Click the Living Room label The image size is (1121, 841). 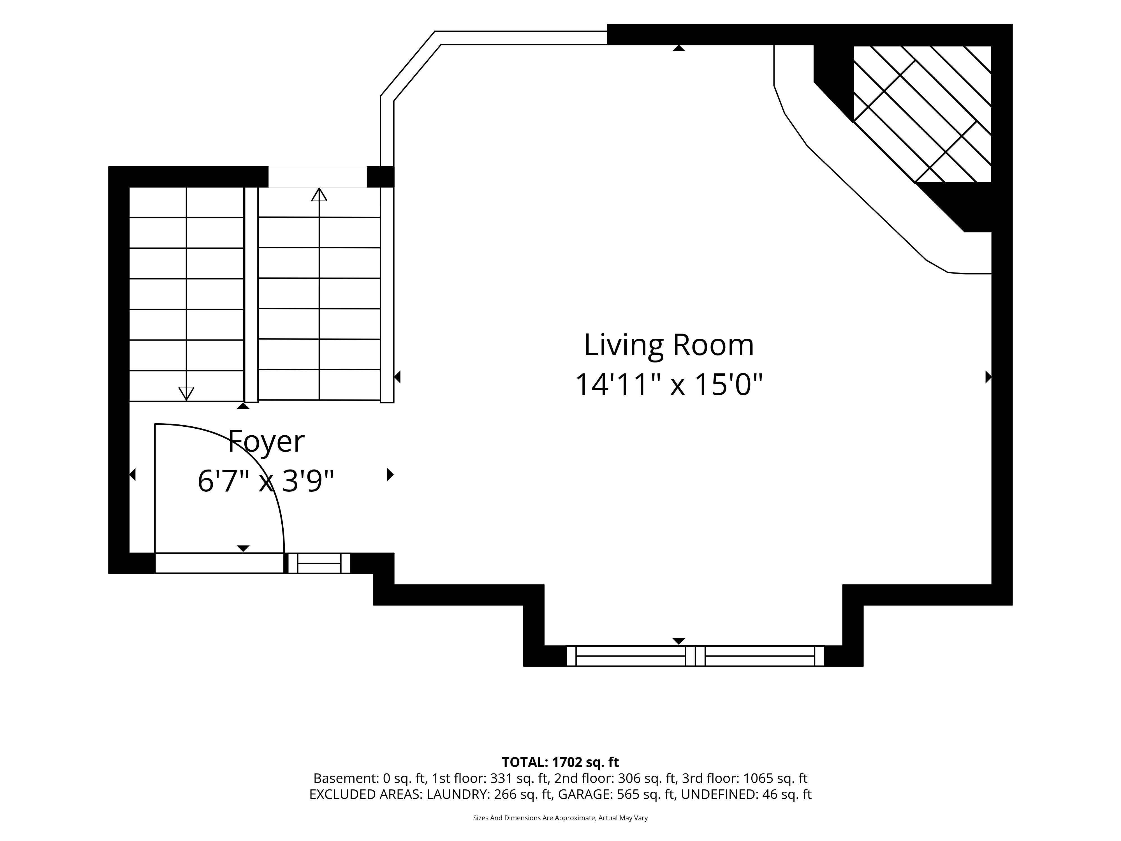click(x=669, y=345)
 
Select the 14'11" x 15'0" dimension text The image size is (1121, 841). click(x=669, y=384)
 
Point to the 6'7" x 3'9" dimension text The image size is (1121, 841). click(x=266, y=480)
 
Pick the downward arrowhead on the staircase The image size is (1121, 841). click(x=186, y=393)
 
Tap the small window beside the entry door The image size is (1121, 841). click(x=319, y=563)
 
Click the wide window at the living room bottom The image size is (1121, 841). click(x=695, y=656)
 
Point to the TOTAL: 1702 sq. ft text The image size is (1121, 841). click(x=560, y=762)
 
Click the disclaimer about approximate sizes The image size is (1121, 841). click(x=560, y=818)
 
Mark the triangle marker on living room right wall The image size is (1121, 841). click(x=988, y=377)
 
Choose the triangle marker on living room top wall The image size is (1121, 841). click(x=678, y=48)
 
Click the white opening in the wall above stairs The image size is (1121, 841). click(x=318, y=177)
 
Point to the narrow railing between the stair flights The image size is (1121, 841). click(x=251, y=295)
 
